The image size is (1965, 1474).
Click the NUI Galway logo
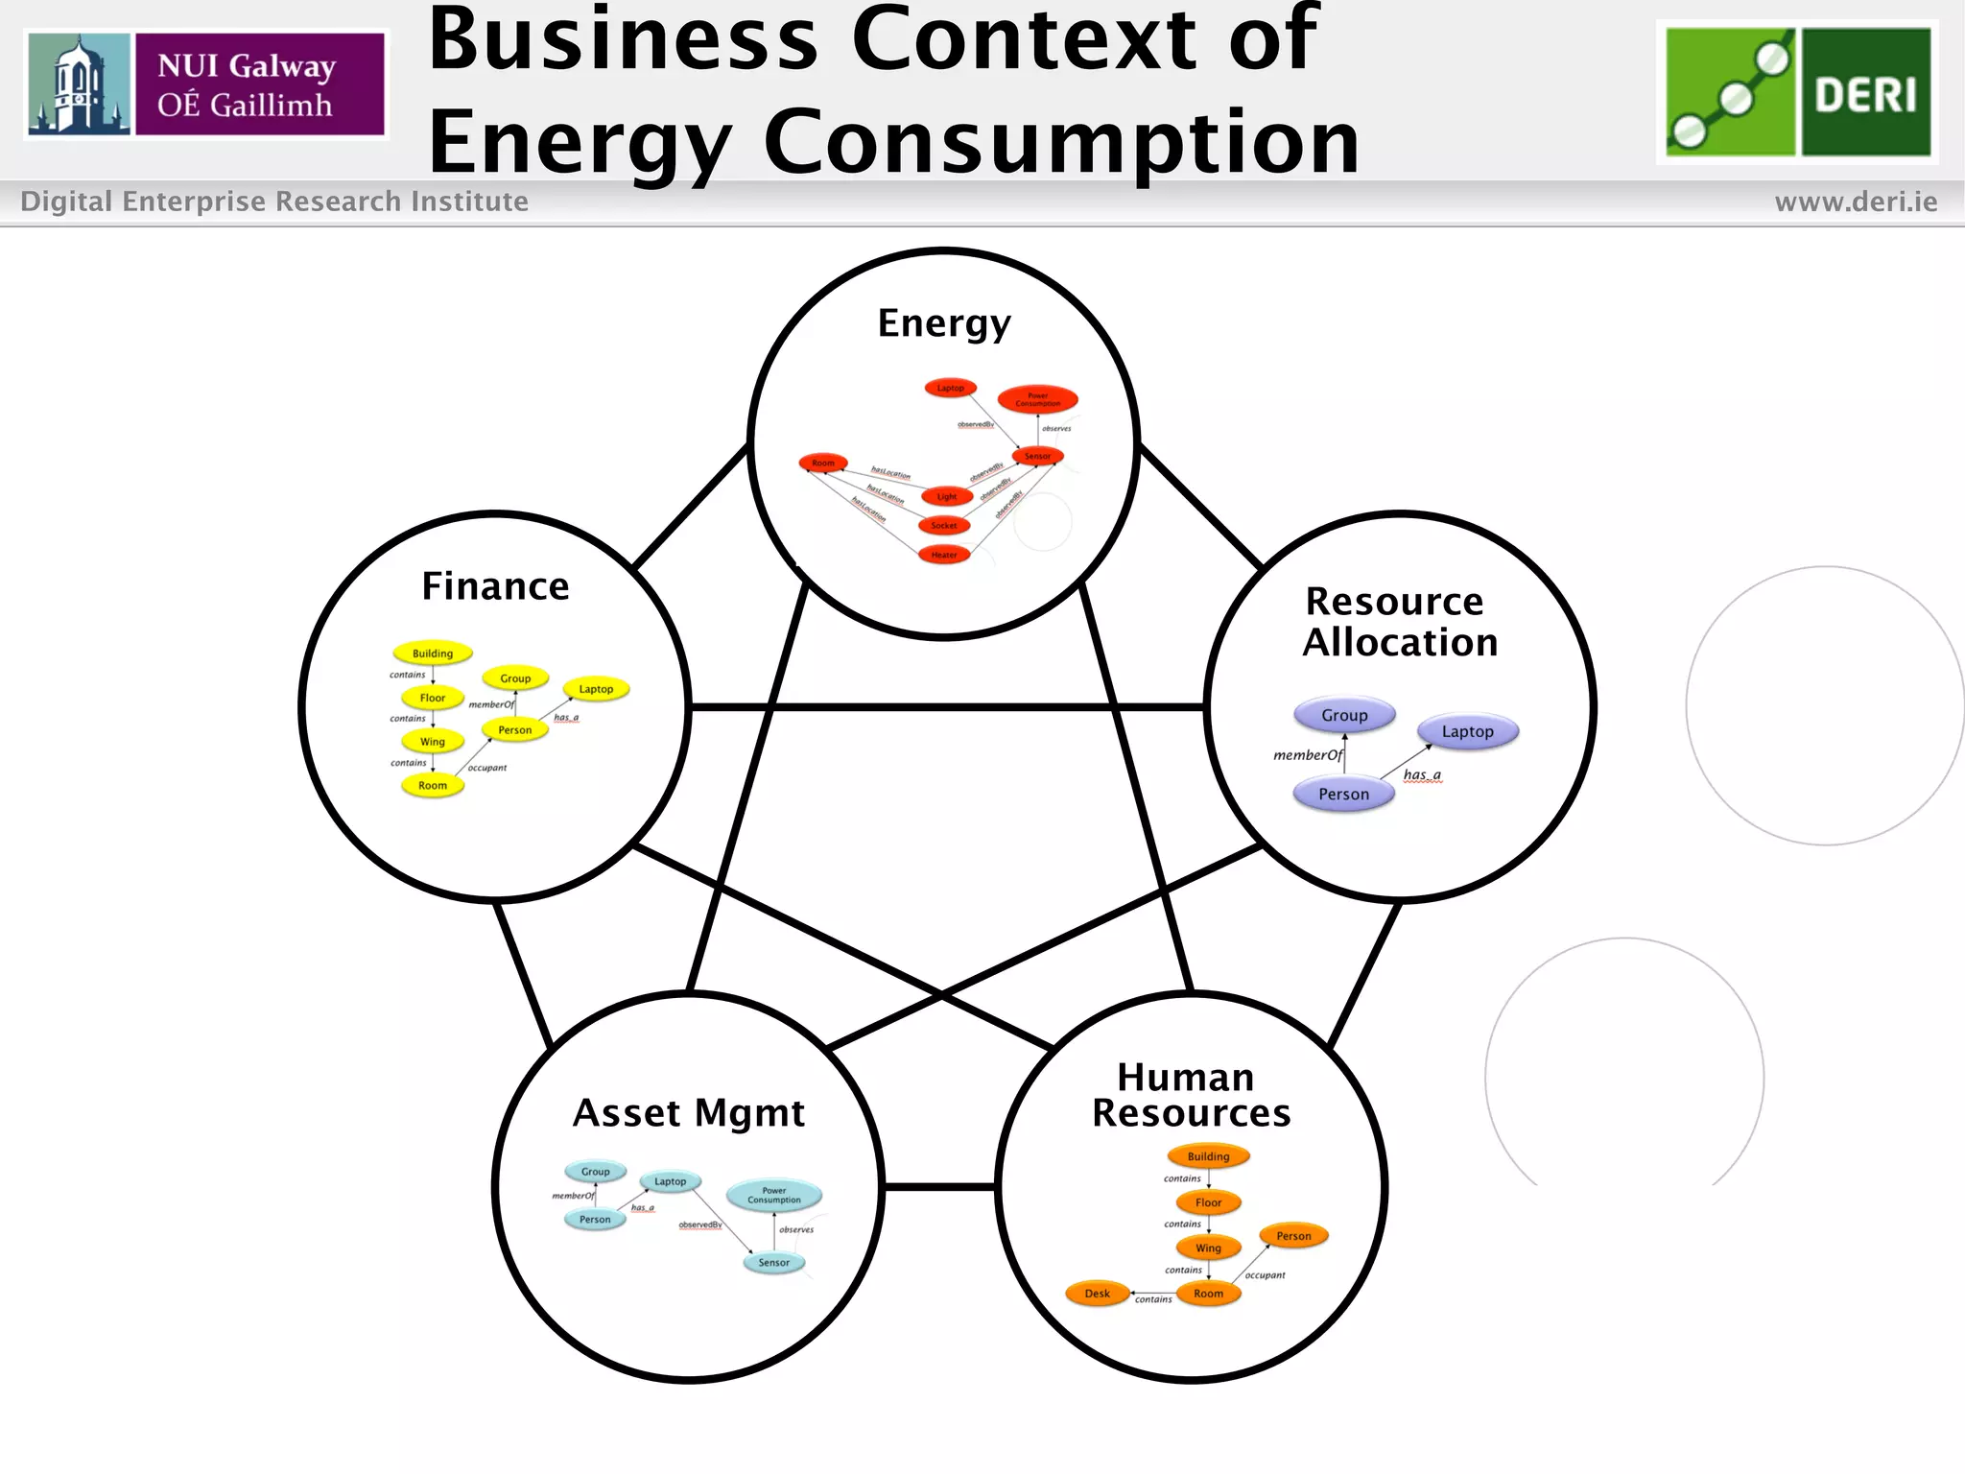tap(206, 84)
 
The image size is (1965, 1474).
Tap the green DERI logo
tap(1797, 92)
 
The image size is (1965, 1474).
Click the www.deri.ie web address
tap(1856, 202)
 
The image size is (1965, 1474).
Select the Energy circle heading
tap(944, 323)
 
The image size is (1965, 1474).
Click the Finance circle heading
tap(495, 586)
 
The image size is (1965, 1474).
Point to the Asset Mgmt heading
tap(688, 1113)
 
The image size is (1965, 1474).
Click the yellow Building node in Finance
tap(433, 654)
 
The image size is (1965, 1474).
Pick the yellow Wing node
tap(433, 742)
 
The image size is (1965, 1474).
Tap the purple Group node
tap(1344, 716)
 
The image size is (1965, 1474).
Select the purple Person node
tap(1343, 795)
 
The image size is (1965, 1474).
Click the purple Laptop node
tap(1467, 732)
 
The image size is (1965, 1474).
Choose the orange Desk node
tap(1097, 1294)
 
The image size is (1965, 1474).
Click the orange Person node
tap(1293, 1236)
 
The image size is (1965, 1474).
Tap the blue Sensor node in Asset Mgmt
tap(773, 1263)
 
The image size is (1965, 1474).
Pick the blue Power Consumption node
tap(773, 1196)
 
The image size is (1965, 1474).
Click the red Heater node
tap(944, 555)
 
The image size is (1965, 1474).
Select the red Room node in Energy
tap(823, 464)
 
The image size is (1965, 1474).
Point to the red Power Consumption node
tap(1037, 399)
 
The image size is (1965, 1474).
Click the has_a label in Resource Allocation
tap(1422, 775)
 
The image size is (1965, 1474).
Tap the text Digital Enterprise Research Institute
tap(274, 202)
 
